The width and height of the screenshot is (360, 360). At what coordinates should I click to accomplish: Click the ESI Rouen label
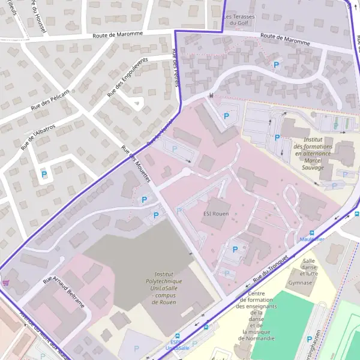click(x=215, y=213)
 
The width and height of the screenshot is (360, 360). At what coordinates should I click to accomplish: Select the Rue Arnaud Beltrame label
click(x=64, y=293)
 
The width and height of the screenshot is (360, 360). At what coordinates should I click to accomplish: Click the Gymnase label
click(x=300, y=282)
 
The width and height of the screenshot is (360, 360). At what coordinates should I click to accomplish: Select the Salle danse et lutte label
click(x=309, y=267)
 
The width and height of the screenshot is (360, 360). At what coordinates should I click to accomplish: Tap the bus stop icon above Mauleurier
click(x=311, y=233)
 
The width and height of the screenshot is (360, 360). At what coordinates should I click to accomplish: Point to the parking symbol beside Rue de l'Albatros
click(x=44, y=175)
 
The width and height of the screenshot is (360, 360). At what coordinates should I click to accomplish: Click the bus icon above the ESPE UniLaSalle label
click(x=176, y=337)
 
